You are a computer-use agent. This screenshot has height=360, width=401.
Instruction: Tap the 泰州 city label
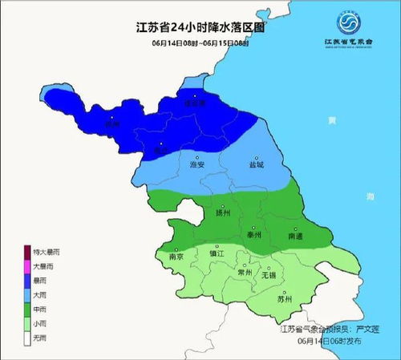(255, 237)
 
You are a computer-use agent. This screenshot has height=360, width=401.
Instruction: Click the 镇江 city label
(215, 253)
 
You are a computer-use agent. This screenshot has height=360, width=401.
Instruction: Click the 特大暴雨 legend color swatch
(27, 252)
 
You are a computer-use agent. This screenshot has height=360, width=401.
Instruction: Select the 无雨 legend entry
(38, 337)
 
